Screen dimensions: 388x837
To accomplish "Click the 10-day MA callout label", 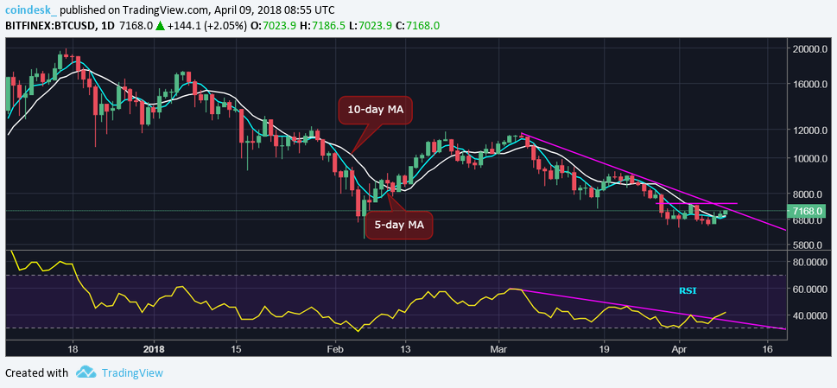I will tap(375, 110).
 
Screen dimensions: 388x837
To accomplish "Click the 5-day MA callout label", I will tap(398, 225).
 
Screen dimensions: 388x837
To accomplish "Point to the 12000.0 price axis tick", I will tap(811, 130).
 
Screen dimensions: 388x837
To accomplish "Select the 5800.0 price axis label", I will tap(811, 246).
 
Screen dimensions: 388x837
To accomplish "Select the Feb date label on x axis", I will tap(335, 349).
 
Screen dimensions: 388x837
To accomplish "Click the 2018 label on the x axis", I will tap(153, 349).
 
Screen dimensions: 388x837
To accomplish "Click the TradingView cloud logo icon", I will tap(85, 372).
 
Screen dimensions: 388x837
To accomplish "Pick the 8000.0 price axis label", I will tap(811, 194).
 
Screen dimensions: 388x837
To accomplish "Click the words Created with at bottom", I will tap(36, 372).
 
